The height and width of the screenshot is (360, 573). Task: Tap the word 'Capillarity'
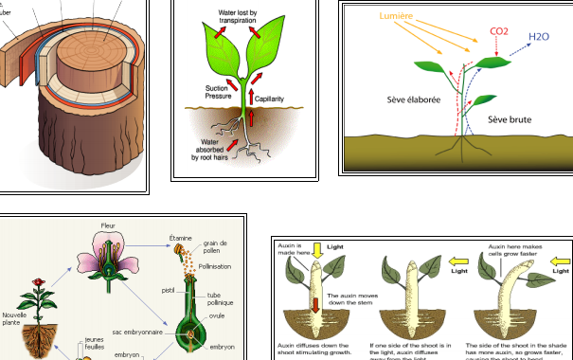tap(276, 96)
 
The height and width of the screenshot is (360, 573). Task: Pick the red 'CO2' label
tap(499, 31)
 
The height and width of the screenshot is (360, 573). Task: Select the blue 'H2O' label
tap(538, 37)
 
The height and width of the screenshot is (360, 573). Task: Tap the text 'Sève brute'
tap(509, 119)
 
